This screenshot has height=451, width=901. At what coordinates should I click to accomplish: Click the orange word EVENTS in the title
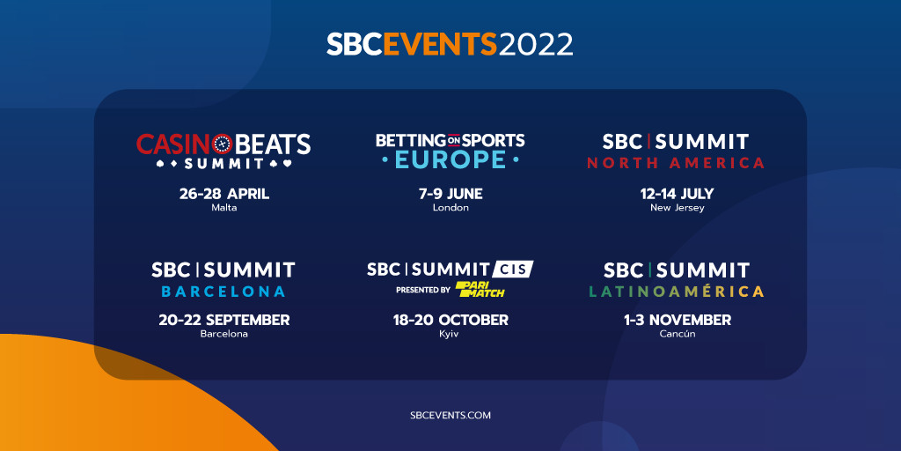440,44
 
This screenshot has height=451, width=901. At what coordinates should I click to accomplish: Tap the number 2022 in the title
536,44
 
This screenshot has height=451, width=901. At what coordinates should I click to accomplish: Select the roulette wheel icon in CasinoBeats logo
222,144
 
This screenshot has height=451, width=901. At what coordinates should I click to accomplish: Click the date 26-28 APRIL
224,194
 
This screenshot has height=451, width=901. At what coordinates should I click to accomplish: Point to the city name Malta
224,208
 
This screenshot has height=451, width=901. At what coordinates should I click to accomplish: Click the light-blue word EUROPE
450,159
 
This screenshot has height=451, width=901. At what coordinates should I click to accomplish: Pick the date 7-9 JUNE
450,194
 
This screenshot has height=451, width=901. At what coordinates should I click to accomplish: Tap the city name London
450,208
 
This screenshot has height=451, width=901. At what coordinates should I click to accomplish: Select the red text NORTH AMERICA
676,163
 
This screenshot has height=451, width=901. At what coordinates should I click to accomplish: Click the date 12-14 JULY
677,194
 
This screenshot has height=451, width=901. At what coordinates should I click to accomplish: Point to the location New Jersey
677,208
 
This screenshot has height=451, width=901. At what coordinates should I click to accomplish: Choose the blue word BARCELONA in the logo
223,292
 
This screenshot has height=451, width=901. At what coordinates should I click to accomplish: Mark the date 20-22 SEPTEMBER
224,320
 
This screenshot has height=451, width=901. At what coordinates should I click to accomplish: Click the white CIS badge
513,269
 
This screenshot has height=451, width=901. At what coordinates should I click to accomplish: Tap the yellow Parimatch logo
480,289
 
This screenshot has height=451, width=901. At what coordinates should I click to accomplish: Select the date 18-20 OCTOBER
450,320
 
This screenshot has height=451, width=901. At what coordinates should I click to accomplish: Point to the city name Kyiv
450,334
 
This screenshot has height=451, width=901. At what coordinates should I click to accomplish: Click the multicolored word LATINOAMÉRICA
677,292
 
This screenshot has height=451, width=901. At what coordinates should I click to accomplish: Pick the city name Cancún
678,334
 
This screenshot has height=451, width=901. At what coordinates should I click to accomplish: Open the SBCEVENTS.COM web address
450,415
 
